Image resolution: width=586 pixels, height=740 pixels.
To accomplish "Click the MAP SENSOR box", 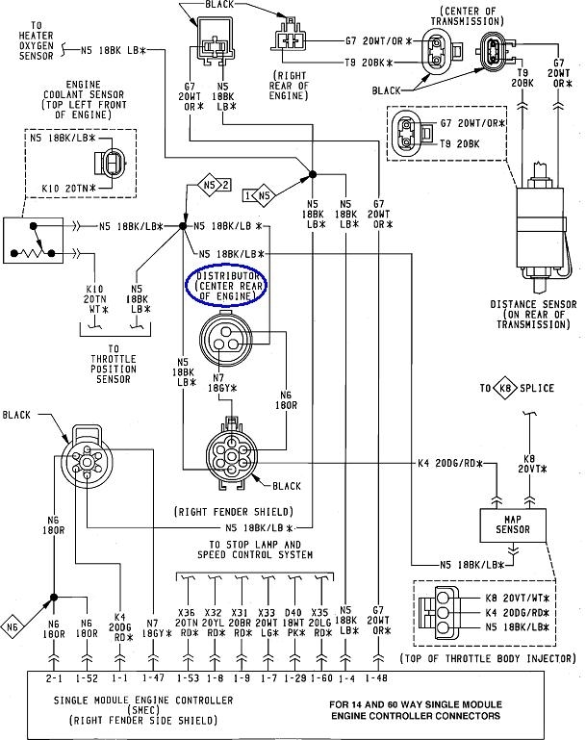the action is click(x=513, y=524).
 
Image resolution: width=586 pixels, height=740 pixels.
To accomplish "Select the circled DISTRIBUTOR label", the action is click(x=227, y=286).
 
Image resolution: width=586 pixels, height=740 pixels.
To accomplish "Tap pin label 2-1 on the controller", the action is click(x=54, y=678).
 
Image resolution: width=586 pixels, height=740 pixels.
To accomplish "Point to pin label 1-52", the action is click(x=87, y=678).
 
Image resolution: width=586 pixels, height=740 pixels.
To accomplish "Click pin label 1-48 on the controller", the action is click(x=376, y=678).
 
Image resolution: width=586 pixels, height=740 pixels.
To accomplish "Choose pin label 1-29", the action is click(x=295, y=678).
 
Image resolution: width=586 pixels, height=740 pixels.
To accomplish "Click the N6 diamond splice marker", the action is click(x=13, y=626).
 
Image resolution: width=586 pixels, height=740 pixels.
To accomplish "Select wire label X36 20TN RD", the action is click(x=187, y=623).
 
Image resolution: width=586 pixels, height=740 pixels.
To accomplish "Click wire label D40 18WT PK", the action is click(x=293, y=623).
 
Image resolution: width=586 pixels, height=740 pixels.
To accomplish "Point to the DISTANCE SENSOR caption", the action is click(x=534, y=315).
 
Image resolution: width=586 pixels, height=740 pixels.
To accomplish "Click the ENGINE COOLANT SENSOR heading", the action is click(x=84, y=99).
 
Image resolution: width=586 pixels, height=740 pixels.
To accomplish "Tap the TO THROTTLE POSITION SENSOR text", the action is click(x=114, y=364).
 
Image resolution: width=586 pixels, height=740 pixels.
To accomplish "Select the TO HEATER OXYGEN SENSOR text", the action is click(x=36, y=40).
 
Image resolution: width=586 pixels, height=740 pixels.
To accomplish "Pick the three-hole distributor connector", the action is click(x=226, y=338).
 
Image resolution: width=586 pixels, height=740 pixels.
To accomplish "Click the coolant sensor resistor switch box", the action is click(x=33, y=241).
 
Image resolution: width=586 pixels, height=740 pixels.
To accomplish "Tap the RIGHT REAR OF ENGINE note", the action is click(x=289, y=86).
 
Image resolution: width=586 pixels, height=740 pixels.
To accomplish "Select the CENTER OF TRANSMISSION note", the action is click(x=467, y=16).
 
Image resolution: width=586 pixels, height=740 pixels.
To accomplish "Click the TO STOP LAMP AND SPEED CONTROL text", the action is click(x=255, y=549).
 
